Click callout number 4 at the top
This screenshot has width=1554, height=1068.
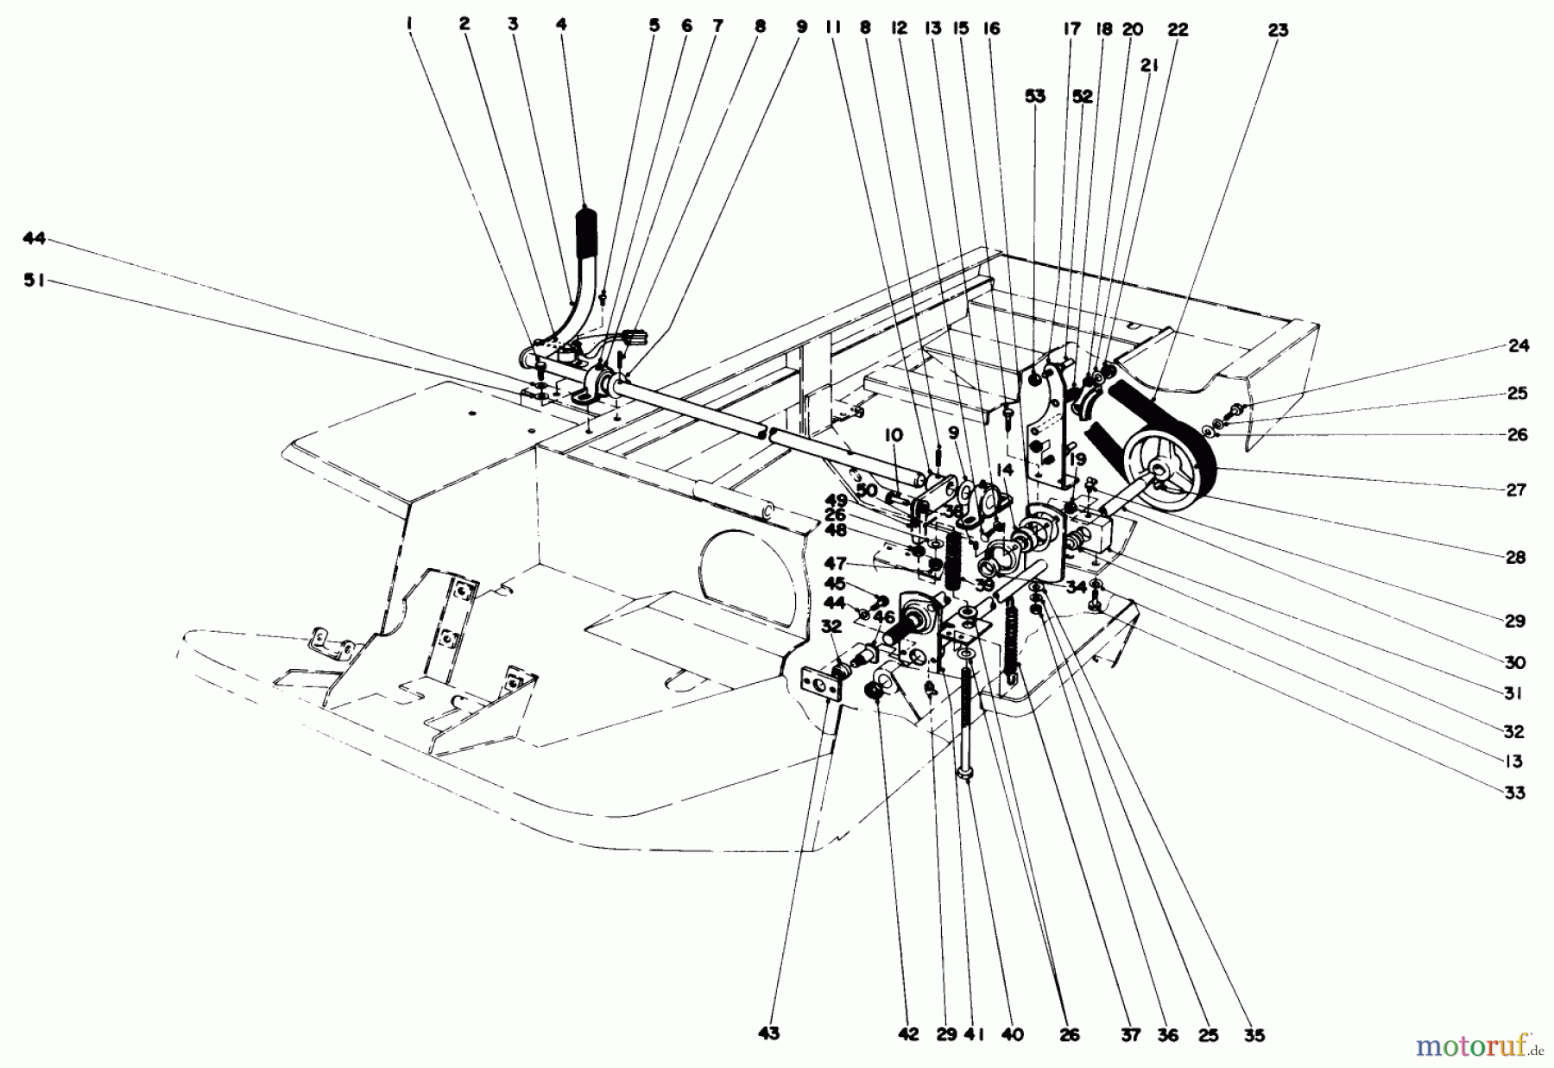click(x=562, y=26)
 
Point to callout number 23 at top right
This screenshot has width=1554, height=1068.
click(x=1278, y=30)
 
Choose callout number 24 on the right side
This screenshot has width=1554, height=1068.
click(x=1518, y=346)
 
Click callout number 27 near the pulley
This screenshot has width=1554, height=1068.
click(x=1516, y=490)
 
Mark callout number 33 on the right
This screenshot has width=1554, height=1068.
click(x=1514, y=793)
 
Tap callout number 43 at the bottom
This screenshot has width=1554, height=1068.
click(x=768, y=1033)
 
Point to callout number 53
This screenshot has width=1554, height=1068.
click(x=1034, y=96)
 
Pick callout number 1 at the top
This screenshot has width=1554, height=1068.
click(x=409, y=26)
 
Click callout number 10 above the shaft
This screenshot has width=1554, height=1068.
click(x=893, y=437)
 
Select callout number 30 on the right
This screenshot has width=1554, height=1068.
click(x=1515, y=663)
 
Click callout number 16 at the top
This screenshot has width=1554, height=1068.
click(x=990, y=28)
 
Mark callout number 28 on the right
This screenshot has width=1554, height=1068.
click(x=1516, y=558)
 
